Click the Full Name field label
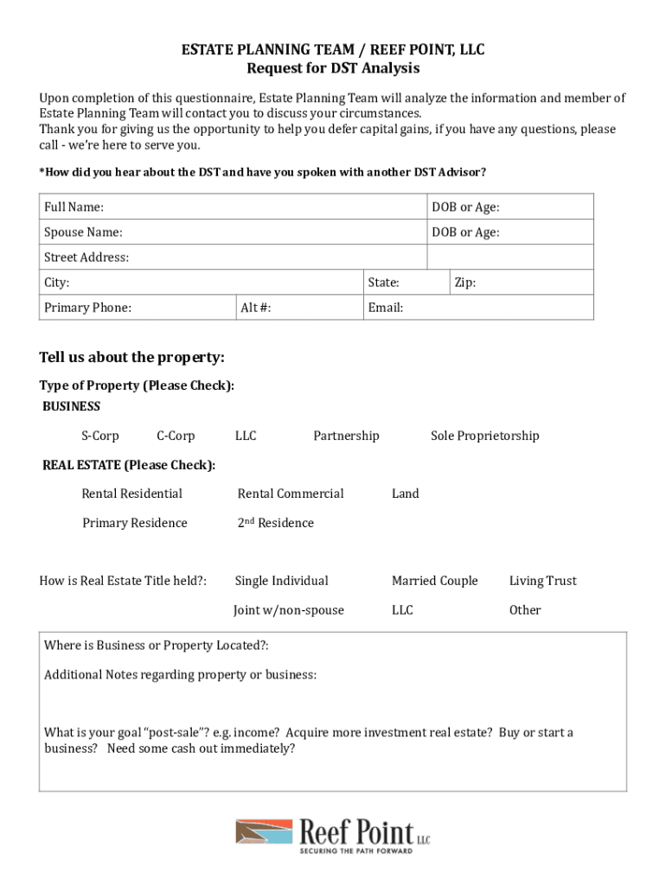pyautogui.click(x=74, y=207)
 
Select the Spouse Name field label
pyautogui.click(x=83, y=232)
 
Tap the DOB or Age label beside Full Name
pyautogui.click(x=465, y=207)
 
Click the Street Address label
pyautogui.click(x=86, y=258)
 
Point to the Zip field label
pyautogui.click(x=464, y=283)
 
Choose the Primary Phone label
pyautogui.click(x=88, y=308)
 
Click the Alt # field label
pyautogui.click(x=255, y=308)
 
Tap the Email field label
pyautogui.click(x=385, y=308)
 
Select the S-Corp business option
pyautogui.click(x=100, y=436)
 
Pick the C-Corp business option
pyautogui.click(x=176, y=436)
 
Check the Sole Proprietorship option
pyautogui.click(x=484, y=436)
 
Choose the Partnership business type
pyautogui.click(x=346, y=436)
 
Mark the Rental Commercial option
pyautogui.click(x=291, y=493)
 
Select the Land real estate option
pyautogui.click(x=405, y=493)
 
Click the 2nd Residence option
pyautogui.click(x=276, y=523)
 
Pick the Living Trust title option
pyautogui.click(x=542, y=581)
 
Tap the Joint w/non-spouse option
pyautogui.click(x=289, y=610)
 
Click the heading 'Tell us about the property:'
pyautogui.click(x=131, y=358)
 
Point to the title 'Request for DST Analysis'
pyautogui.click(x=333, y=68)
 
